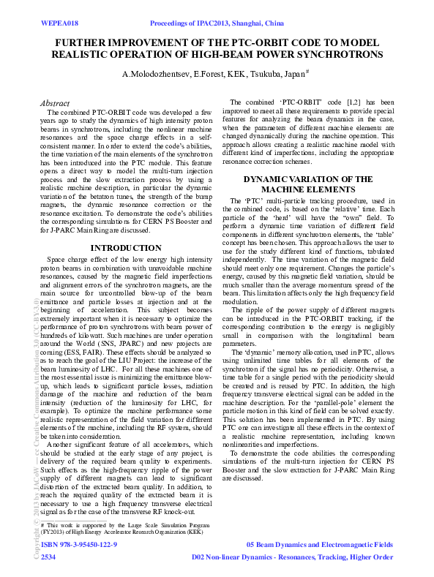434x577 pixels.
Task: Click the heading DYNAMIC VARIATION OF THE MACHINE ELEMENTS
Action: [308, 184]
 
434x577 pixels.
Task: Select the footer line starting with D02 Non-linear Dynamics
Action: [292, 557]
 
